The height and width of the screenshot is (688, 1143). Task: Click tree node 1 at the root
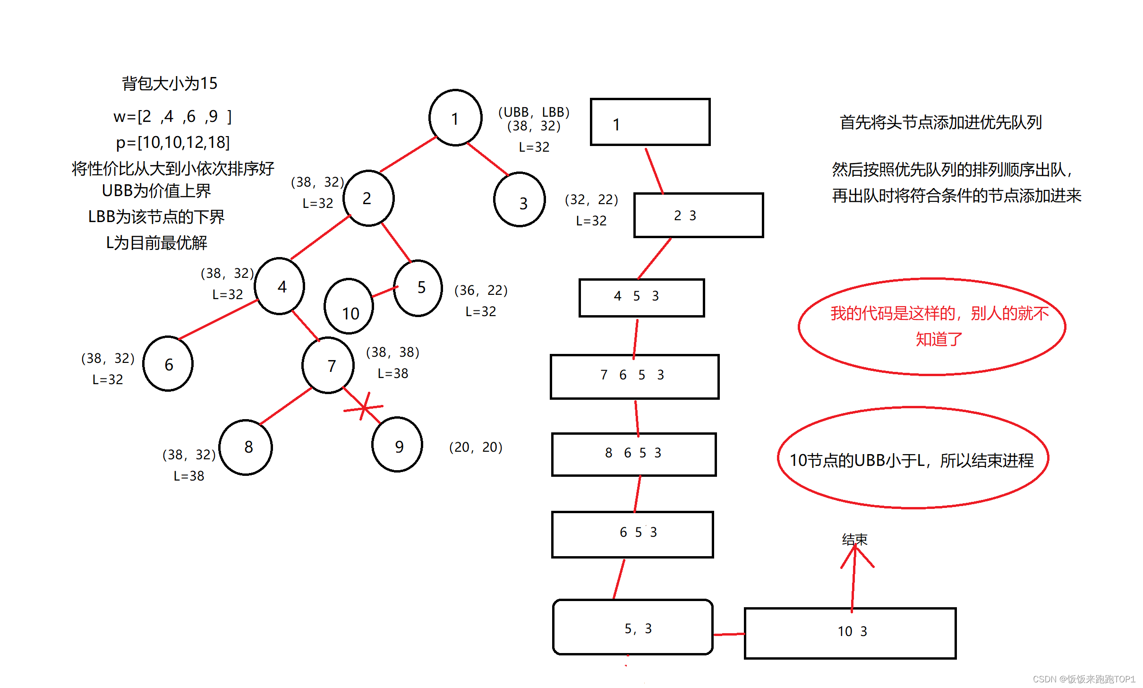[455, 118]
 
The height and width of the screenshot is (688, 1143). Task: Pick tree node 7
[328, 365]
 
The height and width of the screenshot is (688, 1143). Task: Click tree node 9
[397, 445]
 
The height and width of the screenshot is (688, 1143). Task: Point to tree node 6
[168, 364]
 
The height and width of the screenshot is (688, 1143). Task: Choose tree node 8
[246, 447]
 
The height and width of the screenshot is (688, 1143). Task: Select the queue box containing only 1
[650, 122]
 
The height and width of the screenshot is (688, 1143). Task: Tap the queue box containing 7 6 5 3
[634, 377]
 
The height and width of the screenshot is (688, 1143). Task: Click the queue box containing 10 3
[850, 633]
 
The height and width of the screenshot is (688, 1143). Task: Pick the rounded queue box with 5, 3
[632, 627]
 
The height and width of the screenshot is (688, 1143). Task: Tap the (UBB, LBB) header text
[534, 112]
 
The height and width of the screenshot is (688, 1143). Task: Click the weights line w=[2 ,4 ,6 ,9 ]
[172, 116]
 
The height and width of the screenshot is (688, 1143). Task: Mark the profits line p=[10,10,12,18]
[173, 142]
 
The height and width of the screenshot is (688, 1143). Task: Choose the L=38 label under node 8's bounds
[189, 476]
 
